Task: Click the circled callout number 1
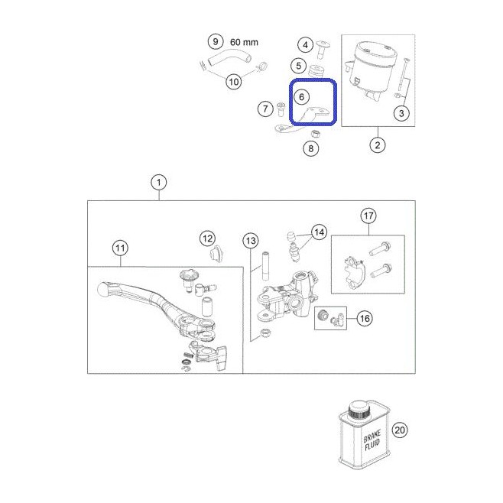click(159, 183)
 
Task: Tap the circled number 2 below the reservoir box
click(378, 145)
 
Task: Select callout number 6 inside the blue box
click(301, 97)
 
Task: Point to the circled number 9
click(216, 41)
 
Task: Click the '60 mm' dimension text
click(244, 42)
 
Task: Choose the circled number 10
click(234, 82)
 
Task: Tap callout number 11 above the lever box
click(120, 248)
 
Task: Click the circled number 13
click(251, 241)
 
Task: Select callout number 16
click(365, 318)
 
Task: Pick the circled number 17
click(368, 216)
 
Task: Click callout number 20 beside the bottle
click(400, 430)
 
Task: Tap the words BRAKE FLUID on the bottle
click(372, 440)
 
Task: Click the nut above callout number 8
click(315, 133)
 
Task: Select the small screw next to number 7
click(281, 109)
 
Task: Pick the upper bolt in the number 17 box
click(380, 249)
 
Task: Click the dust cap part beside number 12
click(216, 254)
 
